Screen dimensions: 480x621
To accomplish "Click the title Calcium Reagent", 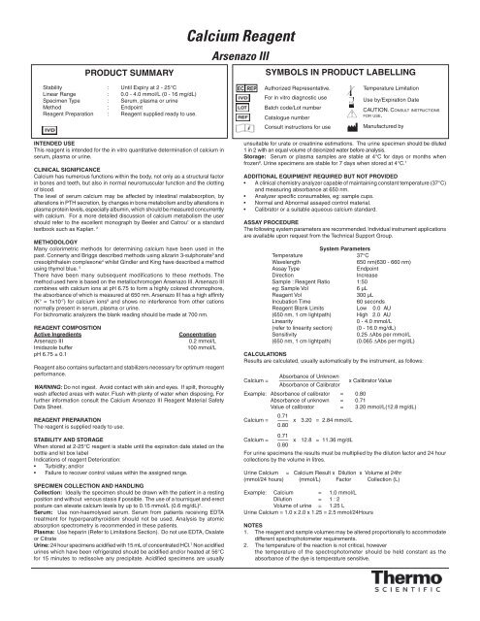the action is (239, 12).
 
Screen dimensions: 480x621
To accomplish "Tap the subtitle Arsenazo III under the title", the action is (239, 30).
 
